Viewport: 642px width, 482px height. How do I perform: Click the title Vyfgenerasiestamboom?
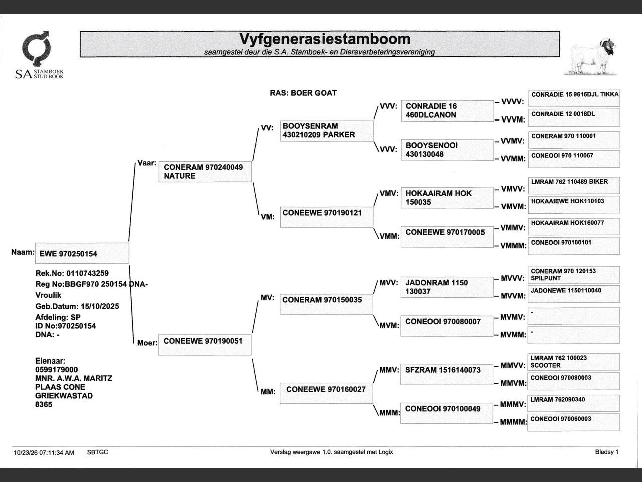[x=325, y=39]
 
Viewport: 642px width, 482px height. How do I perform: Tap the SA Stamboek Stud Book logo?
[x=39, y=55]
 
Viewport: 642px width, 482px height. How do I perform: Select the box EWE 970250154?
[x=82, y=253]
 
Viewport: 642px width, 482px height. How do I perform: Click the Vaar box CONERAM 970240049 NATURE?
[x=205, y=172]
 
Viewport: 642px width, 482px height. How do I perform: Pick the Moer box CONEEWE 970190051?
[x=205, y=345]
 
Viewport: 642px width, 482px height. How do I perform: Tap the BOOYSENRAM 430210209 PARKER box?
[x=327, y=131]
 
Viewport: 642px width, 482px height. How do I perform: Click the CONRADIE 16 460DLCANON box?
[x=447, y=110]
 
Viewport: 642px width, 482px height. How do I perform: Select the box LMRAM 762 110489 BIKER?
[x=574, y=185]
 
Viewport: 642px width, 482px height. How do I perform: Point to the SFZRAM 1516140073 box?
[x=446, y=374]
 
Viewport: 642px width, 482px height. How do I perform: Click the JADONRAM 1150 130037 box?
[x=447, y=287]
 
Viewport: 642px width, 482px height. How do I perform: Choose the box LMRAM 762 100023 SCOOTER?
[x=574, y=361]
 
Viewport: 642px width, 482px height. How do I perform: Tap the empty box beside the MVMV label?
[x=574, y=316]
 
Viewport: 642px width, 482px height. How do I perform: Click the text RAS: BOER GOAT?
[x=303, y=93]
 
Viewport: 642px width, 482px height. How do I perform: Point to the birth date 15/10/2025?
[x=100, y=306]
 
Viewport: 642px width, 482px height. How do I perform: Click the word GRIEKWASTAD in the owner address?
[x=64, y=396]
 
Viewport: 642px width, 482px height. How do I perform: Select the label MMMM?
[x=513, y=422]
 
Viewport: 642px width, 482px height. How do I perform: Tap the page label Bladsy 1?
[x=607, y=452]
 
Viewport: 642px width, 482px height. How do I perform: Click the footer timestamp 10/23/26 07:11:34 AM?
[x=44, y=453]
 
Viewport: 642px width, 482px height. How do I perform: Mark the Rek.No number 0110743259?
[x=87, y=273]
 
